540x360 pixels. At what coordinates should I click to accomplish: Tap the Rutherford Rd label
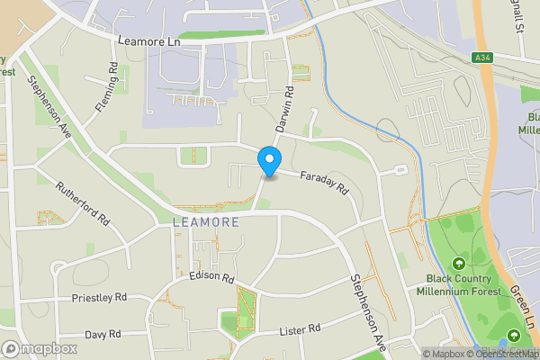click(82, 205)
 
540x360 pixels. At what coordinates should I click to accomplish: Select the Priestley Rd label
click(99, 297)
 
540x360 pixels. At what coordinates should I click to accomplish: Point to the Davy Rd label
click(102, 334)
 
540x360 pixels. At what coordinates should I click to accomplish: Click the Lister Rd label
click(301, 329)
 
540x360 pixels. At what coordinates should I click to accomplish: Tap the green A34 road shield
click(483, 58)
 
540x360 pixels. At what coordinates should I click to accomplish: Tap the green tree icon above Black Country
click(459, 264)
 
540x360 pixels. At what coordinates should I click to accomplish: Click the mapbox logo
click(40, 348)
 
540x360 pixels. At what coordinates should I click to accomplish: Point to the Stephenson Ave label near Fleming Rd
click(49, 104)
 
